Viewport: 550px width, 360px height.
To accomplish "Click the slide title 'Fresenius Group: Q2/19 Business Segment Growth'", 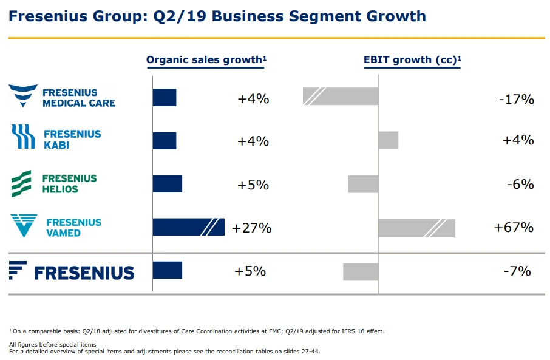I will (x=217, y=16).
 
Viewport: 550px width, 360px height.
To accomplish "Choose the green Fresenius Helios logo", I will (x=54, y=183).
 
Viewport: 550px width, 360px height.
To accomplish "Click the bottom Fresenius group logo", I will (x=72, y=271).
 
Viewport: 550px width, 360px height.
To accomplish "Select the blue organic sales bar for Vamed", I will (x=188, y=227).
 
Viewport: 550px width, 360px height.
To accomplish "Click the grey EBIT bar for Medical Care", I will (x=341, y=97).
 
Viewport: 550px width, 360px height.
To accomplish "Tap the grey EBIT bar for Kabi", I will (x=388, y=140).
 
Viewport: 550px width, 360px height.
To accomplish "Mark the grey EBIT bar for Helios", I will (x=363, y=184).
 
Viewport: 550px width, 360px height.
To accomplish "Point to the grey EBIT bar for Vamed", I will (x=416, y=228).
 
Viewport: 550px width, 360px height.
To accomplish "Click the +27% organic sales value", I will (x=251, y=228).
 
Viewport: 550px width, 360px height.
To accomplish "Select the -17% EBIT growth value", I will (x=516, y=99).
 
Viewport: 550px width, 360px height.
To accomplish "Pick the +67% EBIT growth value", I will (x=514, y=228).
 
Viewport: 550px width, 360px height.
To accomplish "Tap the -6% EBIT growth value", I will (x=520, y=184).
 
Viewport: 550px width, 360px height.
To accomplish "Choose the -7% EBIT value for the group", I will (x=517, y=271).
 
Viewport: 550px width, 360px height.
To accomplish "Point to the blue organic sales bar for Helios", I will (x=168, y=184).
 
